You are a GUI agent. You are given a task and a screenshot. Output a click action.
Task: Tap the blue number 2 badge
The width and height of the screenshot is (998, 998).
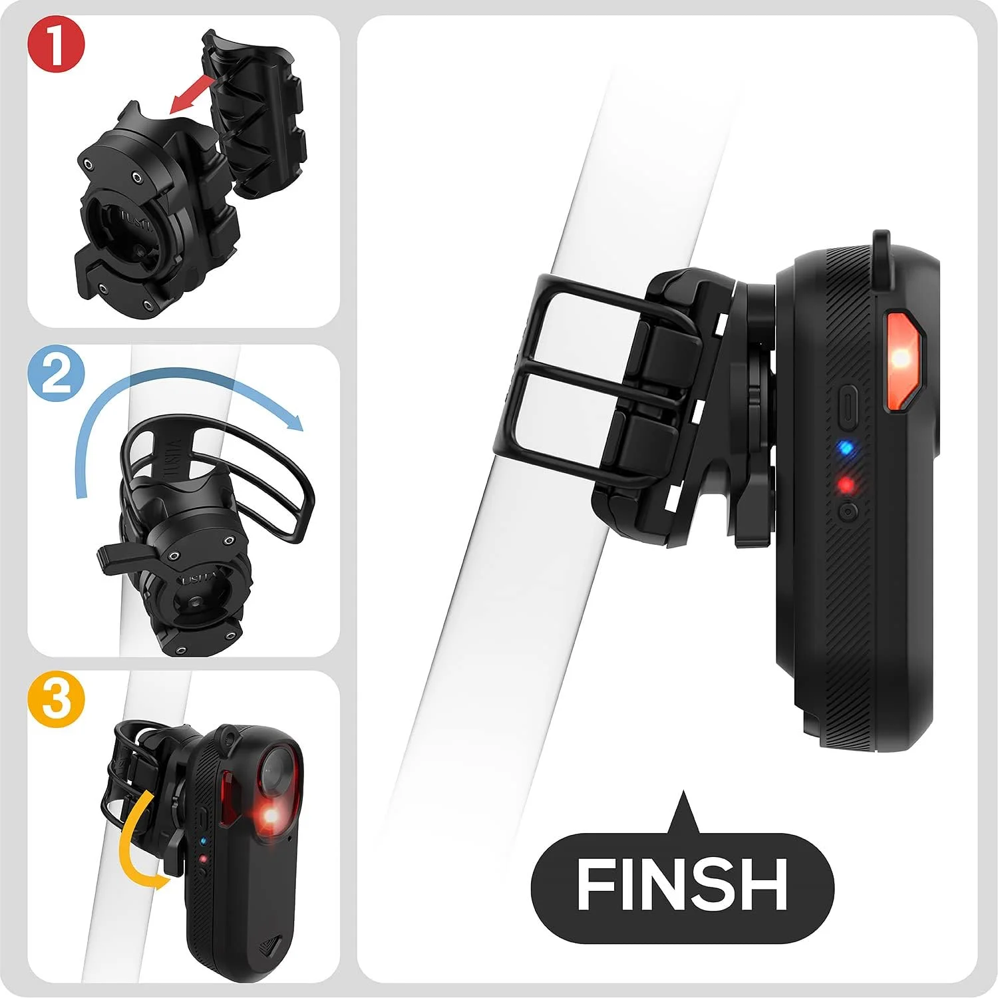57,375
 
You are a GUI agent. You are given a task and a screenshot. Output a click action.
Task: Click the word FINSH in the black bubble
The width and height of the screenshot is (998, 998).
682,884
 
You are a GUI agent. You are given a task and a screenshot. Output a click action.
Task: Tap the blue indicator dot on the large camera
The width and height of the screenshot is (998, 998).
845,448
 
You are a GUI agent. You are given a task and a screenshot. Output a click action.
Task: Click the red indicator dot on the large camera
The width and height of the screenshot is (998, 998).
846,485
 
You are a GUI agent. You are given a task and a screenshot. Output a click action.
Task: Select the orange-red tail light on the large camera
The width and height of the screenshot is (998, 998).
904,359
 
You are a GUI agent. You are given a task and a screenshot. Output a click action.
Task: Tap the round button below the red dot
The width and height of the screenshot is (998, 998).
848,512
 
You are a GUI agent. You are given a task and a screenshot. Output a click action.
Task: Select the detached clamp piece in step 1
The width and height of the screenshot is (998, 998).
253,113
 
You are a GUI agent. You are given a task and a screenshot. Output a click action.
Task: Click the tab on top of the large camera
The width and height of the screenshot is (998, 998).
882,249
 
